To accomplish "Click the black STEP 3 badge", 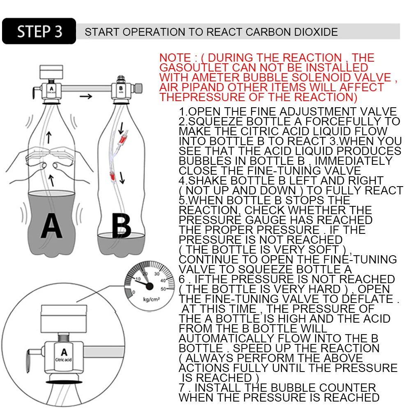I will point(39,31).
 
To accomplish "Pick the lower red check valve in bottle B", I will point(112,177).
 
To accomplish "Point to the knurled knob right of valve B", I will point(139,88).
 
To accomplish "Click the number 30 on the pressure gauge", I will point(157,273).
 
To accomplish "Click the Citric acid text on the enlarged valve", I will point(64,360).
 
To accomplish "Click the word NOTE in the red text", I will point(175,58).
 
